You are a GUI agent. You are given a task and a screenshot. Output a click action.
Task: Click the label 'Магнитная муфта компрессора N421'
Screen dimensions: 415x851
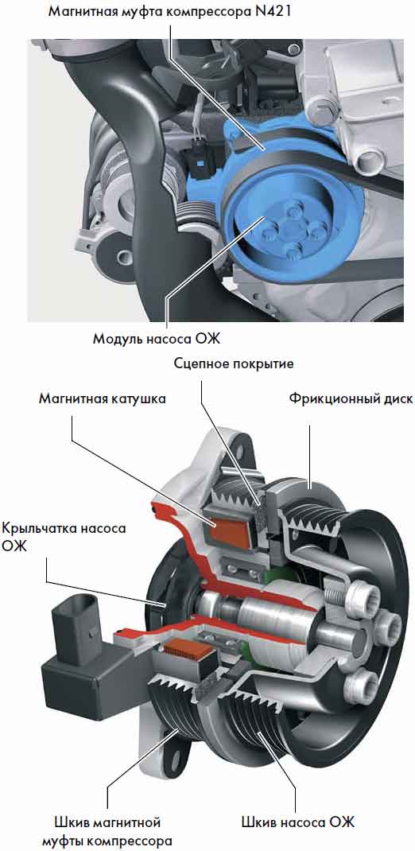point(170,11)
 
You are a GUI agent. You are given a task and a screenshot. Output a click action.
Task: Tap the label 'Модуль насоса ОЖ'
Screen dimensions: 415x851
point(157,339)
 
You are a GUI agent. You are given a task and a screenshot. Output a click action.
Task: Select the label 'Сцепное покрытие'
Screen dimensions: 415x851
point(234,363)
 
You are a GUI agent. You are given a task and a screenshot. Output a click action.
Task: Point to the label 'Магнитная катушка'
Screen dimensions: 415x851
point(102,399)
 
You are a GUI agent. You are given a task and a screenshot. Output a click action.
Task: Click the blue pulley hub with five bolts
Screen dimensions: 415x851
point(292,230)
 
